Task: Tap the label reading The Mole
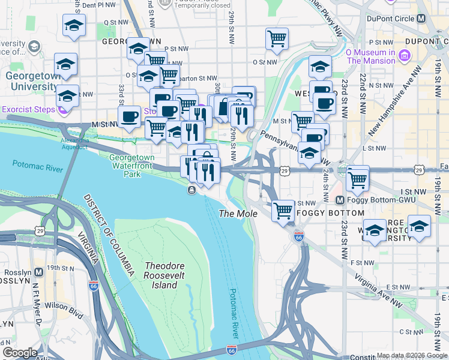pyautogui.click(x=238, y=214)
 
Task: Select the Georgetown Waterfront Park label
pyautogui.click(x=131, y=166)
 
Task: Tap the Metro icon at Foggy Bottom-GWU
pyautogui.click(x=340, y=200)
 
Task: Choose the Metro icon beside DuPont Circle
pyautogui.click(x=421, y=19)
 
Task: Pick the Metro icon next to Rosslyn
pyautogui.click(x=39, y=272)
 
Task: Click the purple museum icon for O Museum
pyautogui.click(x=405, y=56)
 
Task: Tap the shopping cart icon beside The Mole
pyautogui.click(x=282, y=211)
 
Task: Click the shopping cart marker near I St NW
pyautogui.click(x=358, y=178)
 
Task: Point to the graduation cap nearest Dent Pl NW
pyautogui.click(x=74, y=25)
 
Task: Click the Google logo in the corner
pyautogui.click(x=20, y=353)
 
